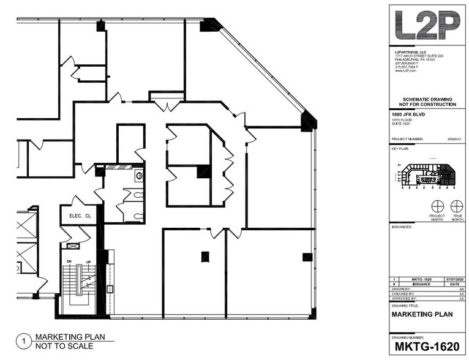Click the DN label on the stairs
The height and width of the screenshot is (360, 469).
click(70, 261)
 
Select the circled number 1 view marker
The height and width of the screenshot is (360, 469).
click(23, 341)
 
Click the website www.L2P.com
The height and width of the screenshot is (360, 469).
click(406, 70)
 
